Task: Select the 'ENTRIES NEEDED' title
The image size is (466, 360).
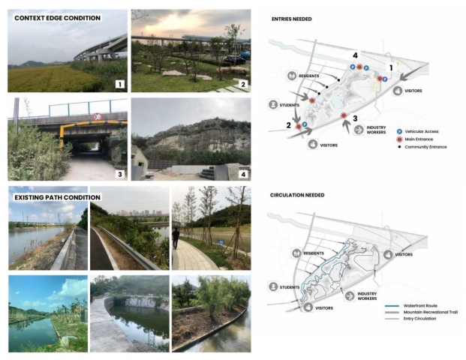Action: coord(291,19)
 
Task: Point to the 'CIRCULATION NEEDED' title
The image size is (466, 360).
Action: coord(297,194)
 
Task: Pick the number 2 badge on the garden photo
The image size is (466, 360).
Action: coord(243,84)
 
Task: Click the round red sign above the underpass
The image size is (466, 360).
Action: coord(98,116)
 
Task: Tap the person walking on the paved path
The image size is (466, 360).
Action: coord(176,238)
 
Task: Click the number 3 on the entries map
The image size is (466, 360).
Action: coord(354,118)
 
